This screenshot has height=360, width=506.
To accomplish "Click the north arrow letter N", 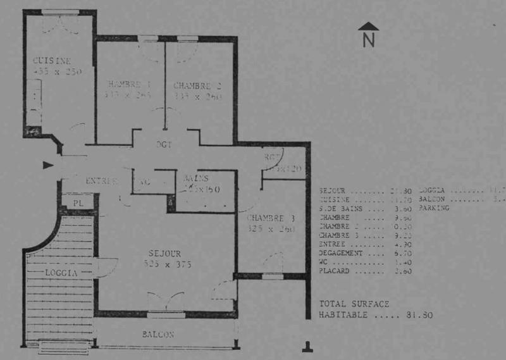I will [369, 40].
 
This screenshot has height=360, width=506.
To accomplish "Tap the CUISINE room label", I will [51, 61].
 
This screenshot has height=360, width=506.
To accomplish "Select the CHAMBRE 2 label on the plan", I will [197, 86].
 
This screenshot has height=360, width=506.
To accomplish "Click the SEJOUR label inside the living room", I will [166, 254].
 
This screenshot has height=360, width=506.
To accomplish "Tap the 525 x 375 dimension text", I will [167, 264].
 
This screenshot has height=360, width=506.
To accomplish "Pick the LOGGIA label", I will [61, 273].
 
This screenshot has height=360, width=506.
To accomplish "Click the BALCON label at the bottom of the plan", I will [157, 334].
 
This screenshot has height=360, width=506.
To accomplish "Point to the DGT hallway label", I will [164, 144].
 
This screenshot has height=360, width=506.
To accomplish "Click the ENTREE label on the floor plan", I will [101, 181].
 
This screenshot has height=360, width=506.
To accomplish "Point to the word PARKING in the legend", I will [434, 207].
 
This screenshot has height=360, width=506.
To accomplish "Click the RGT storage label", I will [273, 158].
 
